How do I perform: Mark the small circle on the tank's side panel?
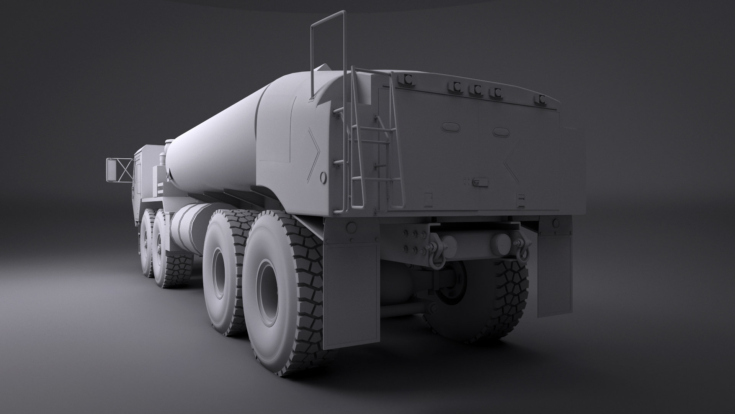tap(323, 177)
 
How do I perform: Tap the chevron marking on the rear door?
tap(512, 161)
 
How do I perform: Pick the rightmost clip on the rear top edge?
tap(541, 100)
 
